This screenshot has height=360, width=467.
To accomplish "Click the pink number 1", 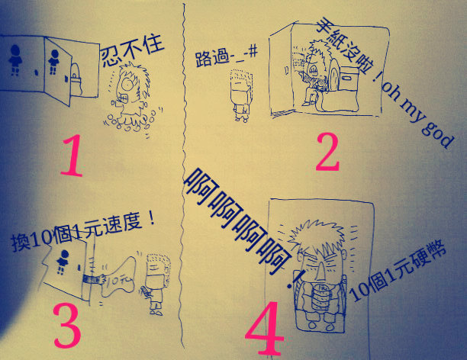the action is point(72,155).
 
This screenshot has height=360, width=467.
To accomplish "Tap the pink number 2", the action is point(327,152).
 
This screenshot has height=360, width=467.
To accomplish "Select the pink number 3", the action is point(67,326).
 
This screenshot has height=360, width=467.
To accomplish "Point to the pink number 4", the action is point(265,328).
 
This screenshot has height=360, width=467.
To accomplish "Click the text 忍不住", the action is point(132,50).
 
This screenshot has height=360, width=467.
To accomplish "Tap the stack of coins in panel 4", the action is point(320,297).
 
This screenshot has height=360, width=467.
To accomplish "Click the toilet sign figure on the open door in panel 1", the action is point(54,61).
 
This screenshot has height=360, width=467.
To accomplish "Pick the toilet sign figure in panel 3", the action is point(63,261).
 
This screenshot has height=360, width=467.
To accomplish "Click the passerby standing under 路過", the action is point(241,95).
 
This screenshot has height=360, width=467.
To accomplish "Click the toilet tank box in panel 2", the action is point(349,78).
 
